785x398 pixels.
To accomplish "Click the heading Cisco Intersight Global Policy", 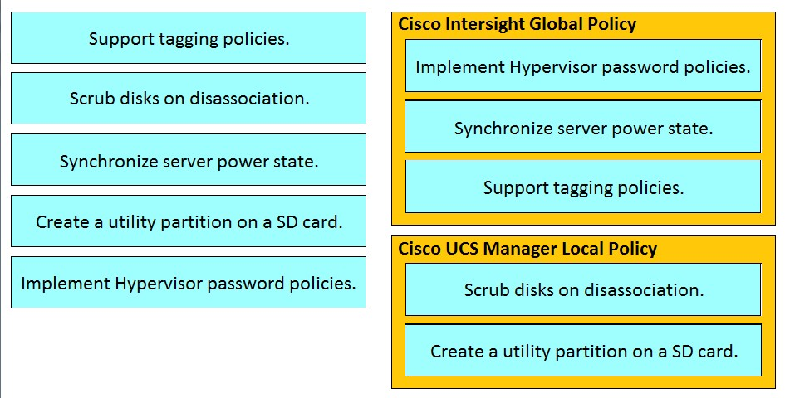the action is pyautogui.click(x=517, y=24).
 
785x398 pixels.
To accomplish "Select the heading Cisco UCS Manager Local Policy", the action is pyautogui.click(x=527, y=249).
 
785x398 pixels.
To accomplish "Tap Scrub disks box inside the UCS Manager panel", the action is pyautogui.click(x=583, y=290).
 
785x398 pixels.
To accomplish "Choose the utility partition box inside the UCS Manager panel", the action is pyautogui.click(x=583, y=351).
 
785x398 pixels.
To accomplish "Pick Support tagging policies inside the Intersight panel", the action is pyautogui.click(x=583, y=187).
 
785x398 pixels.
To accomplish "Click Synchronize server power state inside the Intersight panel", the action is pyautogui.click(x=583, y=127).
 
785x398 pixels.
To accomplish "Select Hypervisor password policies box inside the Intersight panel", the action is pyautogui.click(x=583, y=66).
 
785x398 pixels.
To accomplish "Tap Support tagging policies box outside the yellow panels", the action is pyautogui.click(x=189, y=38).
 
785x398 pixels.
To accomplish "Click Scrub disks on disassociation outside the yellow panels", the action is pyautogui.click(x=189, y=99).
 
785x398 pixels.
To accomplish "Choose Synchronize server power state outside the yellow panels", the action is pyautogui.click(x=189, y=160).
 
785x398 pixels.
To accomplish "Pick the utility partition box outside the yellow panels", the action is pyautogui.click(x=189, y=221).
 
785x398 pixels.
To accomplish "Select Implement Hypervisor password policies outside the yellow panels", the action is pyautogui.click(x=189, y=283).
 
